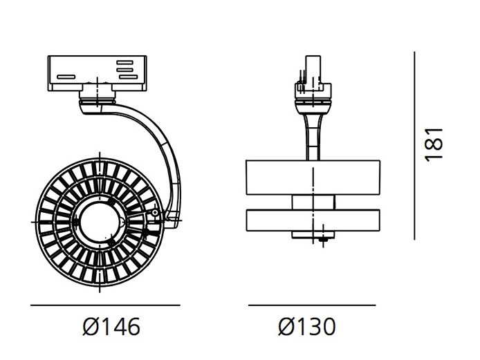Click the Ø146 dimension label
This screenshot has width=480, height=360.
[111, 326]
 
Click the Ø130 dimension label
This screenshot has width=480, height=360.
[307, 326]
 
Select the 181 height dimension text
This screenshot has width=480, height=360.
[434, 144]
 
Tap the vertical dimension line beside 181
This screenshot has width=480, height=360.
[414, 146]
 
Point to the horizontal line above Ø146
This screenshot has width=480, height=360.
[105, 305]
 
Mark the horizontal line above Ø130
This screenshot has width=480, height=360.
[312, 305]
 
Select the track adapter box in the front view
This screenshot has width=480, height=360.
[98, 73]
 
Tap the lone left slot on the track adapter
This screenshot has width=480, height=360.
[66, 77]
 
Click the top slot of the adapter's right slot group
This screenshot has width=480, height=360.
[125, 62]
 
